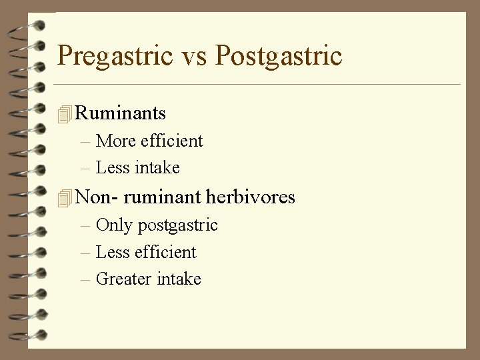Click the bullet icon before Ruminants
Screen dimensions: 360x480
coord(64,115)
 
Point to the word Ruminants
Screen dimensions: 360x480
coord(121,113)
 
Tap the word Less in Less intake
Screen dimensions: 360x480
coord(111,168)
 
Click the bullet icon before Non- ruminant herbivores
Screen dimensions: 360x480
coord(64,199)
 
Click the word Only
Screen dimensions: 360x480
coord(115,225)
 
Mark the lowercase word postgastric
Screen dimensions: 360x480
coord(177,226)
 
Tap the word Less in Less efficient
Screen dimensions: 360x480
coord(111,252)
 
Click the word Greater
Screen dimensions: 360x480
coord(124,279)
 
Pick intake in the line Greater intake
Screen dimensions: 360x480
coord(179,279)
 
